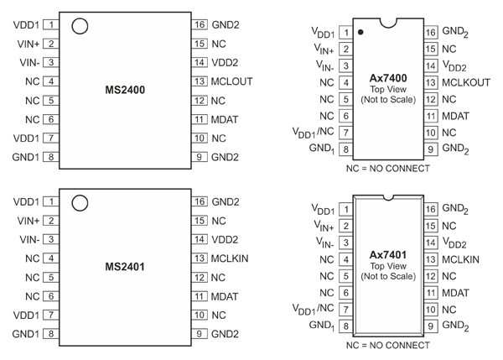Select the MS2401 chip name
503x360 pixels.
(126, 267)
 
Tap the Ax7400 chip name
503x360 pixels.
(387, 76)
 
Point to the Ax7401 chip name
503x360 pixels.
(387, 253)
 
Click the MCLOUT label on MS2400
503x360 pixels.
(231, 81)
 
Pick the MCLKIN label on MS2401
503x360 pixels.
(230, 258)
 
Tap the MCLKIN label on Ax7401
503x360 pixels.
(460, 260)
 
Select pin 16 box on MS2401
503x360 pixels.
(200, 202)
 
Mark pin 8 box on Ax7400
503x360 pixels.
(345, 149)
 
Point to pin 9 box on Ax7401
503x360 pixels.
(431, 326)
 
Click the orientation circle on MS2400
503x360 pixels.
(80, 25)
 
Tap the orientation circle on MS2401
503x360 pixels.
(80, 203)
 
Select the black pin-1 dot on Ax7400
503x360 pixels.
(360, 33)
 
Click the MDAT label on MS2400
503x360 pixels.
(226, 119)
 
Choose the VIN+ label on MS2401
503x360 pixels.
(28, 221)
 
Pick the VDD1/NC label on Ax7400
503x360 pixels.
(312, 133)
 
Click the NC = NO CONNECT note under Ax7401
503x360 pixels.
(387, 344)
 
